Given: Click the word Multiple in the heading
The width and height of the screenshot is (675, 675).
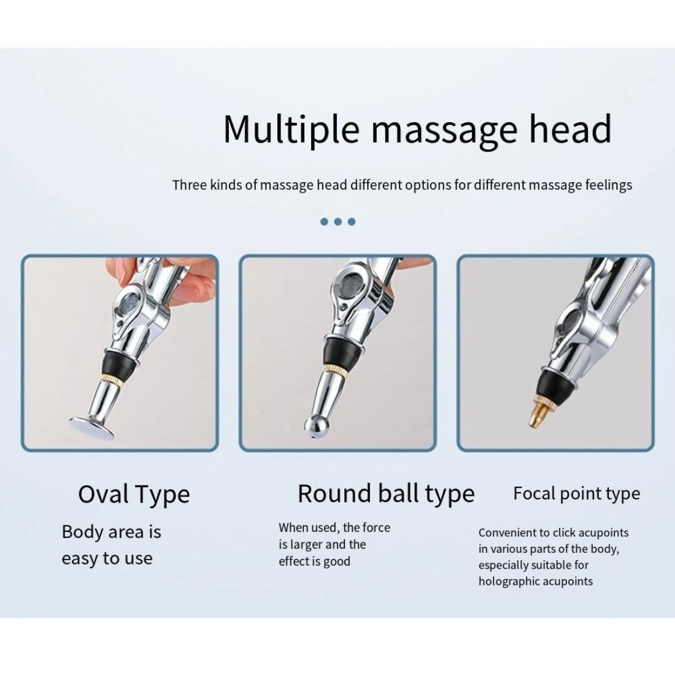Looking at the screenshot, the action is click(291, 129).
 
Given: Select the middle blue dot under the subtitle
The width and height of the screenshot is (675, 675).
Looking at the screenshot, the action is click(338, 222).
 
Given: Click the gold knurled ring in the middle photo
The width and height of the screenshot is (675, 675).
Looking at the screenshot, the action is click(331, 368).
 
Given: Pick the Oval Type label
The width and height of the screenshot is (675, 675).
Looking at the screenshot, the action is click(134, 494).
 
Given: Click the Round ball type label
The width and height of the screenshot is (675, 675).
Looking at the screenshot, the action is click(386, 493).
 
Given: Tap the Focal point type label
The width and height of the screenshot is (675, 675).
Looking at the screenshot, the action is click(576, 493).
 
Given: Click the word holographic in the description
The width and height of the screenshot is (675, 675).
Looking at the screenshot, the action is click(509, 581).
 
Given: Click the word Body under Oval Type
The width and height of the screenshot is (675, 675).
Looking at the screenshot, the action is click(82, 532).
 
